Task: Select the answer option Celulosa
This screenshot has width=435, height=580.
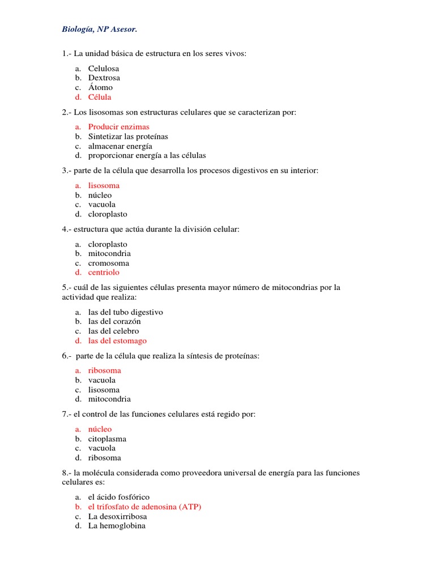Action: pyautogui.click(x=104, y=69)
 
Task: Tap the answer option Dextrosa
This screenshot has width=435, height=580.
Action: pyautogui.click(x=104, y=78)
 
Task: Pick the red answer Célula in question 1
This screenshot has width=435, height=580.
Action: pyautogui.click(x=100, y=97)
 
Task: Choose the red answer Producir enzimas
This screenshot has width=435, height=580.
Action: pyautogui.click(x=119, y=127)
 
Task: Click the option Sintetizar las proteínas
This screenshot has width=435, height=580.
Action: pyautogui.click(x=128, y=137)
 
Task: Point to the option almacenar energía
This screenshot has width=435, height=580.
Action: pyautogui.click(x=120, y=146)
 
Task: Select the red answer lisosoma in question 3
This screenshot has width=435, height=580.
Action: pyautogui.click(x=104, y=186)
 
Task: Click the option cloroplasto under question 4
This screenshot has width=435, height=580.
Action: pyautogui.click(x=108, y=244)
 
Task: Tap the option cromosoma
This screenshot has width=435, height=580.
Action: pyautogui.click(x=109, y=263)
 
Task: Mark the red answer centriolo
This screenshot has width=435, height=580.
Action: pyautogui.click(x=104, y=273)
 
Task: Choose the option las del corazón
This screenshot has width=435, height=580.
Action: pyautogui.click(x=114, y=322)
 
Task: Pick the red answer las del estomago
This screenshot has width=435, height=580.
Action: pyautogui.click(x=117, y=341)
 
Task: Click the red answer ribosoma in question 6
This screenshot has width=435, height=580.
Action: pyautogui.click(x=105, y=370)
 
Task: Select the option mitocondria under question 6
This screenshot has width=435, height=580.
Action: pyautogui.click(x=109, y=399)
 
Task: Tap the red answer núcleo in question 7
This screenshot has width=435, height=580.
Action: pyautogui.click(x=100, y=429)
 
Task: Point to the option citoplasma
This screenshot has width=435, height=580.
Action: pyautogui.click(x=107, y=439)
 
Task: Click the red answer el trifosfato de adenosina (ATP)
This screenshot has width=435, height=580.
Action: pyautogui.click(x=144, y=507)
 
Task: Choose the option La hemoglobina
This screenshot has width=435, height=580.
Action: pyautogui.click(x=117, y=526)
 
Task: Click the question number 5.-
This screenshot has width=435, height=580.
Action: pyautogui.click(x=67, y=288)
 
